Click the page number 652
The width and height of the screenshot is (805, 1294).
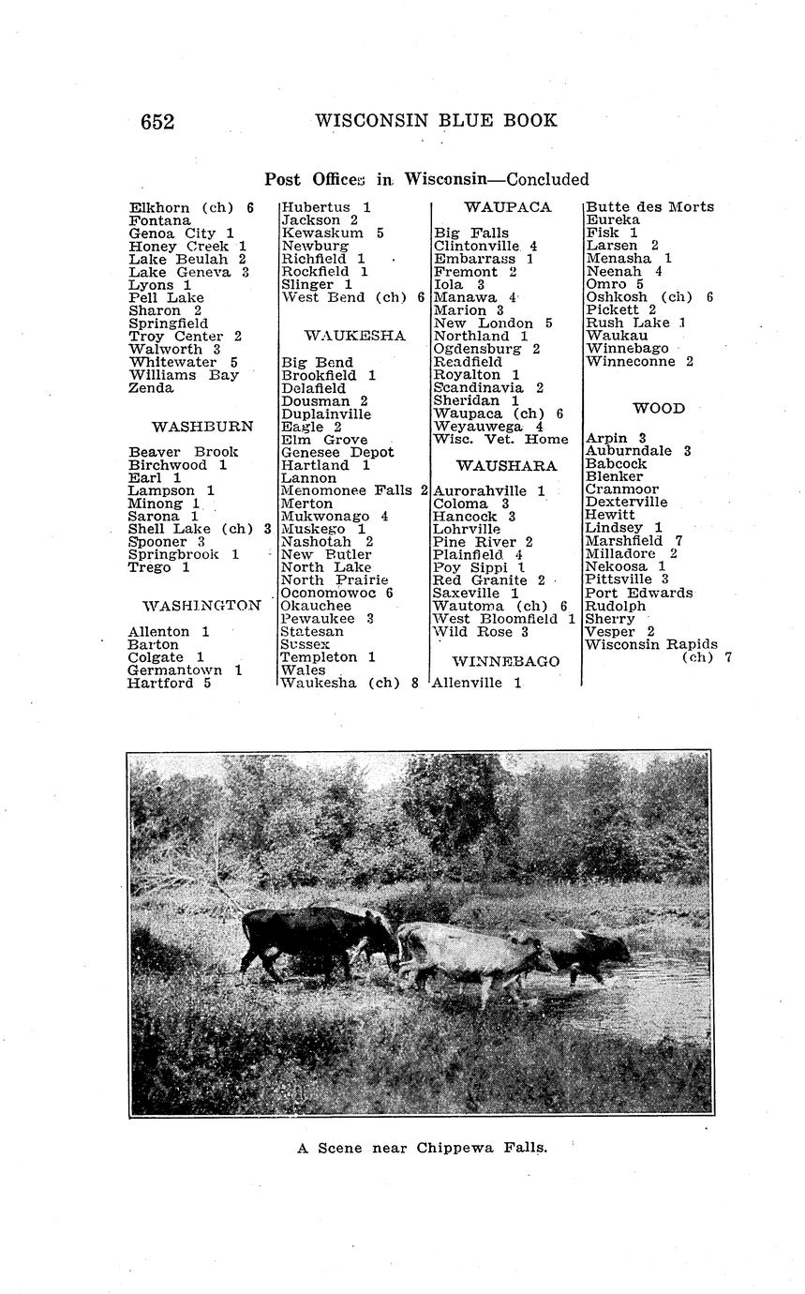[x=157, y=122]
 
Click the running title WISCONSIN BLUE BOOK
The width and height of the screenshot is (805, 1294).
[x=436, y=121]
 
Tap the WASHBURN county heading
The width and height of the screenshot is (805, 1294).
[x=202, y=427]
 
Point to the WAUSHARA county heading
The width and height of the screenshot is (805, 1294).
[x=506, y=466]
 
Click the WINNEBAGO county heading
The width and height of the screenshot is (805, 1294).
[x=506, y=662]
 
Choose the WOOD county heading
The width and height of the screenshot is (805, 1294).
[x=659, y=409]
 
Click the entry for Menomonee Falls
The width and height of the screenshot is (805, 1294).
[x=354, y=490]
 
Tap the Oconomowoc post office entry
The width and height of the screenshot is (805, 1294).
[x=336, y=593]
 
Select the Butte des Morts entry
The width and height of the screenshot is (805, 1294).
[x=649, y=207]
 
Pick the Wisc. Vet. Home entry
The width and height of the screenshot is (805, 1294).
[x=500, y=440]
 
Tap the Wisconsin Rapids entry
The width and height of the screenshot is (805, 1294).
[x=651, y=644]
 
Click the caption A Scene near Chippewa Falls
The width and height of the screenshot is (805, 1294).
[x=422, y=1148]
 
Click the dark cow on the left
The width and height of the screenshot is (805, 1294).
[x=309, y=933]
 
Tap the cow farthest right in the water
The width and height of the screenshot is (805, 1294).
[x=590, y=952]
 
